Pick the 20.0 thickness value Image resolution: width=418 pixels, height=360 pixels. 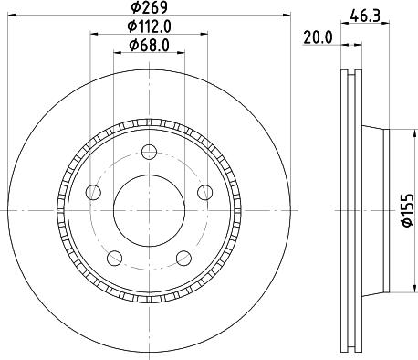(x=316, y=37)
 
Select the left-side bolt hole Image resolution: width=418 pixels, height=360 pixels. (x=91, y=192)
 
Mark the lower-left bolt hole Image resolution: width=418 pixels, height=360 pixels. (x=113, y=259)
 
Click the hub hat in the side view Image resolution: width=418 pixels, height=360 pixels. (x=374, y=210)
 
